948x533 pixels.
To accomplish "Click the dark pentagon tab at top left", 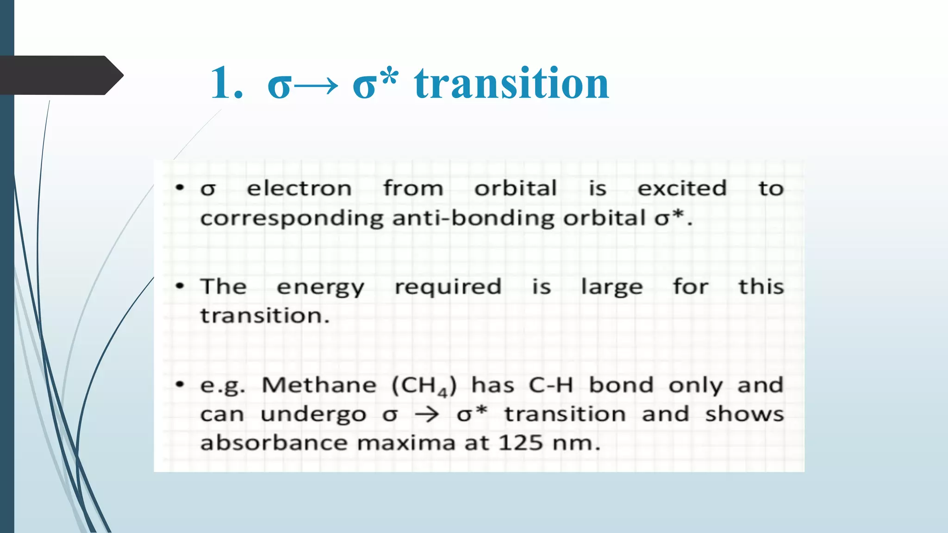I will [60, 75].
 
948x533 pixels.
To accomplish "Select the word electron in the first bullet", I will [299, 189].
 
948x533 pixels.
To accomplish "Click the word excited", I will [682, 189].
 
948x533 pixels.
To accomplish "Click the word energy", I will [320, 288].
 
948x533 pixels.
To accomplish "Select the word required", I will [448, 288].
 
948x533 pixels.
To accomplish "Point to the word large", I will [612, 288].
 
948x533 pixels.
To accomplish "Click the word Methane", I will [319, 385].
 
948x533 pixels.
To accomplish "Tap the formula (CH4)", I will [424, 386].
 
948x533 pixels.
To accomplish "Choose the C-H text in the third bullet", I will [551, 385].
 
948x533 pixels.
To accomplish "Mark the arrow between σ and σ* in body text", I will [427, 414].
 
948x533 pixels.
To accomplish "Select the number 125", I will [521, 443].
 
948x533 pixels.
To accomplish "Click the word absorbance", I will [274, 443].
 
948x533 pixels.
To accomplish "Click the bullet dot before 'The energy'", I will [180, 286].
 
